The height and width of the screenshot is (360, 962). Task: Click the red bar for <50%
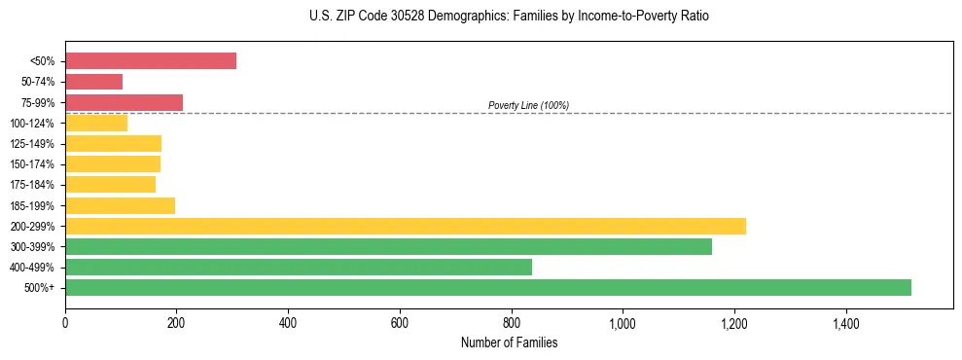[x=151, y=61]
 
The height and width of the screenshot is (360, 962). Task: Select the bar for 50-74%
[x=93, y=82]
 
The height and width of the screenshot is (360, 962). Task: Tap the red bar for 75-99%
[x=124, y=102]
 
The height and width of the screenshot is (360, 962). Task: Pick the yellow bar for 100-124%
[x=96, y=123]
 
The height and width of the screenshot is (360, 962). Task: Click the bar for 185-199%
[x=120, y=205]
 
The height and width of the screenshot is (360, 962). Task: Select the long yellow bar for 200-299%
[x=406, y=226]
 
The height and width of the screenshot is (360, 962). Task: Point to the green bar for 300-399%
[x=388, y=246]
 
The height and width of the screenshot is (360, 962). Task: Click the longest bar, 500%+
[x=488, y=287]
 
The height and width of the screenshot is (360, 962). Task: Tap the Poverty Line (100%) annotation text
[x=528, y=105]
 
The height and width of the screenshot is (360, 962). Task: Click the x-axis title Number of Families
[x=509, y=342]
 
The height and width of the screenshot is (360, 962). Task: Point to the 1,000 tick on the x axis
[x=623, y=322]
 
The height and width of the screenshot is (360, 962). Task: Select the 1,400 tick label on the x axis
[x=845, y=322]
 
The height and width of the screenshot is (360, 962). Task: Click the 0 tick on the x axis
[x=65, y=322]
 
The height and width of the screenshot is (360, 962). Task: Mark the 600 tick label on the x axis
[x=400, y=322]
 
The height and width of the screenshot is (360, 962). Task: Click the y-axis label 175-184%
[x=32, y=185]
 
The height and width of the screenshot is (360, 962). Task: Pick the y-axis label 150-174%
[x=32, y=164]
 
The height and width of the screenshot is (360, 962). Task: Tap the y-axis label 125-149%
[x=32, y=144]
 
